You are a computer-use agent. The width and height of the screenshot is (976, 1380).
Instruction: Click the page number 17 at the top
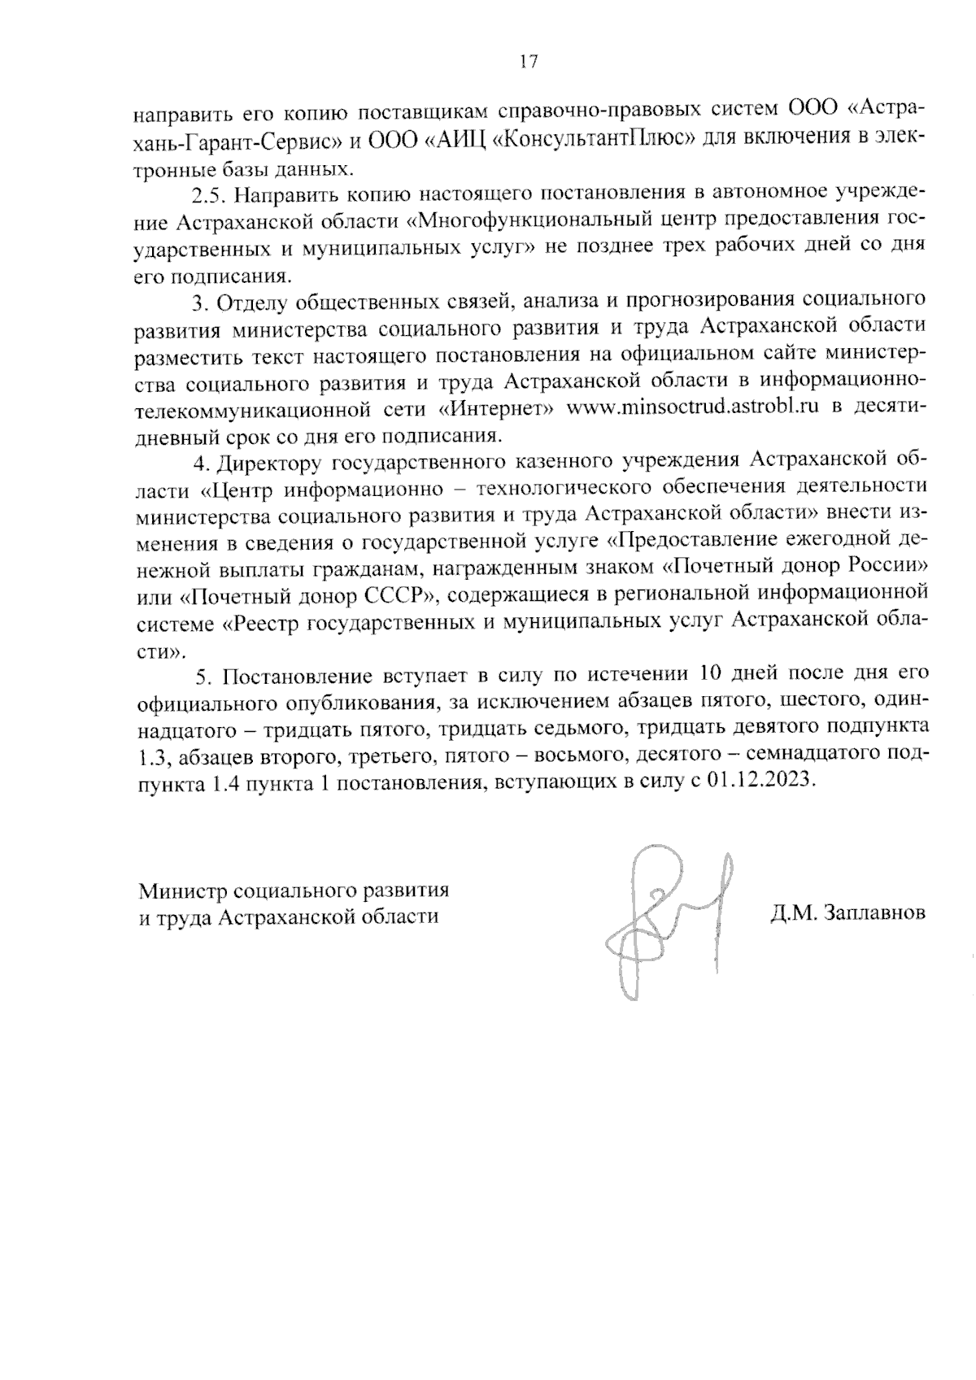528,63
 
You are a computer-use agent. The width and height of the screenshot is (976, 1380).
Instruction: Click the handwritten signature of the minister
667,919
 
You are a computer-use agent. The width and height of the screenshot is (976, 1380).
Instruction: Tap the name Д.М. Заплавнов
848,913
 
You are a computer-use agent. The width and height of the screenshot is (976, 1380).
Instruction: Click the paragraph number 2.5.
208,195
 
